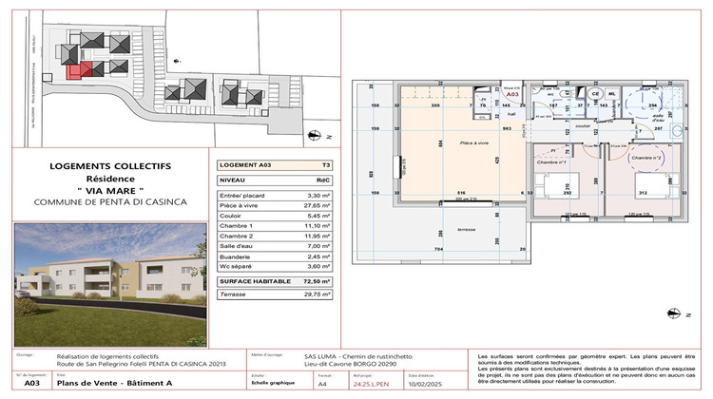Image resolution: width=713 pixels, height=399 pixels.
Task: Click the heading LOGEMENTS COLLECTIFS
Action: click(109, 166)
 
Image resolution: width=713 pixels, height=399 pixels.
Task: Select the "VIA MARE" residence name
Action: click(109, 191)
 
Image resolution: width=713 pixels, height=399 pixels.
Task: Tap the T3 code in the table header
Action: click(325, 164)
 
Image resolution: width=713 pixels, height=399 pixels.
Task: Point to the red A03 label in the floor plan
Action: click(511, 95)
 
